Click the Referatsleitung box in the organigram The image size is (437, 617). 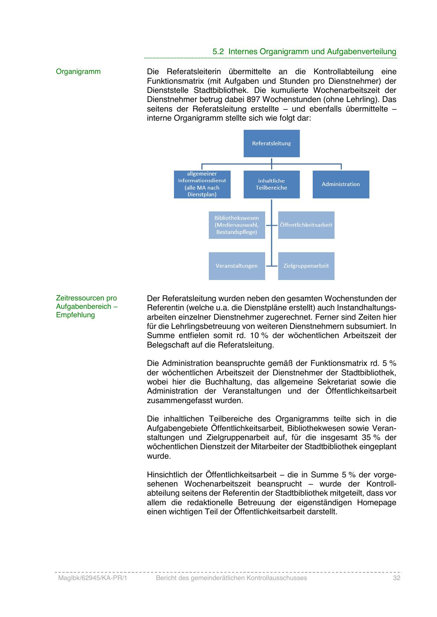271,143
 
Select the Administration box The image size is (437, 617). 341,184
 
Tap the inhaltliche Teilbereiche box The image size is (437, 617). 271,184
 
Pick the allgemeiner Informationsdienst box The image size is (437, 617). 202,184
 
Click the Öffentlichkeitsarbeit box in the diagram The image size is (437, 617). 306,225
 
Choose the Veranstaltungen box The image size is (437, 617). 237,266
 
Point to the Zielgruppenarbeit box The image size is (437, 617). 306,266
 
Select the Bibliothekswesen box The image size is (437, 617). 237,225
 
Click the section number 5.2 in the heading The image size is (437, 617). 218,51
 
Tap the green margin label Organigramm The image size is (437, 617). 78,72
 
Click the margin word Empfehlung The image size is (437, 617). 75,315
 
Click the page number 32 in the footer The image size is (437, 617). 397,578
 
